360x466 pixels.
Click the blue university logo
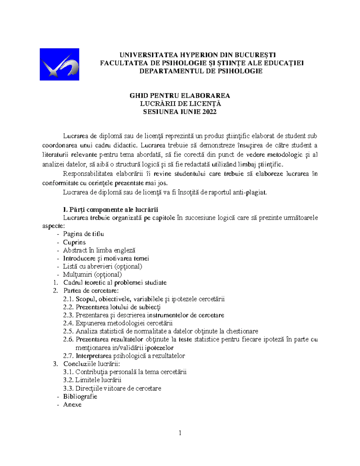tap(59, 64)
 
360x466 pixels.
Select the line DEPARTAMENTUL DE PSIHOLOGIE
tap(201, 71)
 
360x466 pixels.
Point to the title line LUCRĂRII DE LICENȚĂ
tap(180, 104)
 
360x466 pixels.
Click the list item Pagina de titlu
tap(83, 234)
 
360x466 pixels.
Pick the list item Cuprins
tap(74, 242)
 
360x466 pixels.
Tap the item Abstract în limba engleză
tap(99, 250)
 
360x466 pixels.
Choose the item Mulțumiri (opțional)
tap(92, 274)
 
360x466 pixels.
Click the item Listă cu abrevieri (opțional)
tap(102, 266)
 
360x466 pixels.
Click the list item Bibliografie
tap(80, 396)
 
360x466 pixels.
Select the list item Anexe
tap(72, 404)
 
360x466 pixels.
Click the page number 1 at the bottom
tap(180, 433)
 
